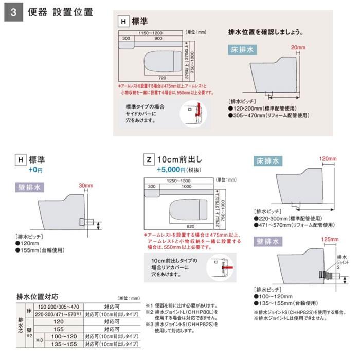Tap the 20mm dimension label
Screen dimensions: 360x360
[x=298, y=47]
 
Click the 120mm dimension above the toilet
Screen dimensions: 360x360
[x=327, y=158]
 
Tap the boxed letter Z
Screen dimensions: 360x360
[x=150, y=159]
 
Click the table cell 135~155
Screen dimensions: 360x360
[x=64, y=343]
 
